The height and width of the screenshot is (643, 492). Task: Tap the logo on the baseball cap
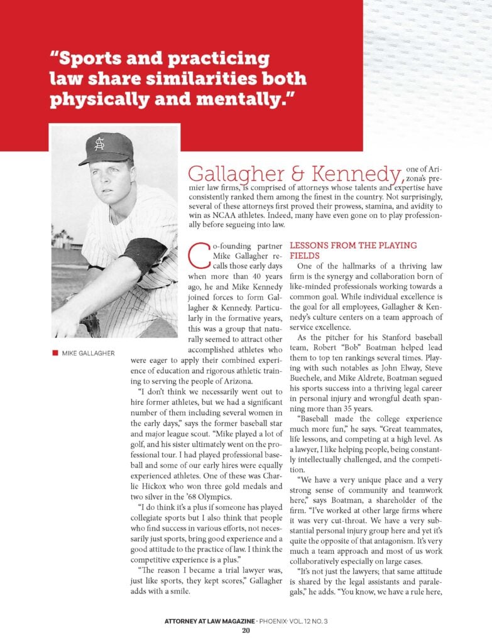pyautogui.click(x=99, y=144)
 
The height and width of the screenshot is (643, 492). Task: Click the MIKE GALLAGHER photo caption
pyautogui.click(x=88, y=354)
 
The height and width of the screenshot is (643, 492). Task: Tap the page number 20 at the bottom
pyautogui.click(x=246, y=630)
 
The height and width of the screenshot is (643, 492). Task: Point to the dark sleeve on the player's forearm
pyautogui.click(x=145, y=254)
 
